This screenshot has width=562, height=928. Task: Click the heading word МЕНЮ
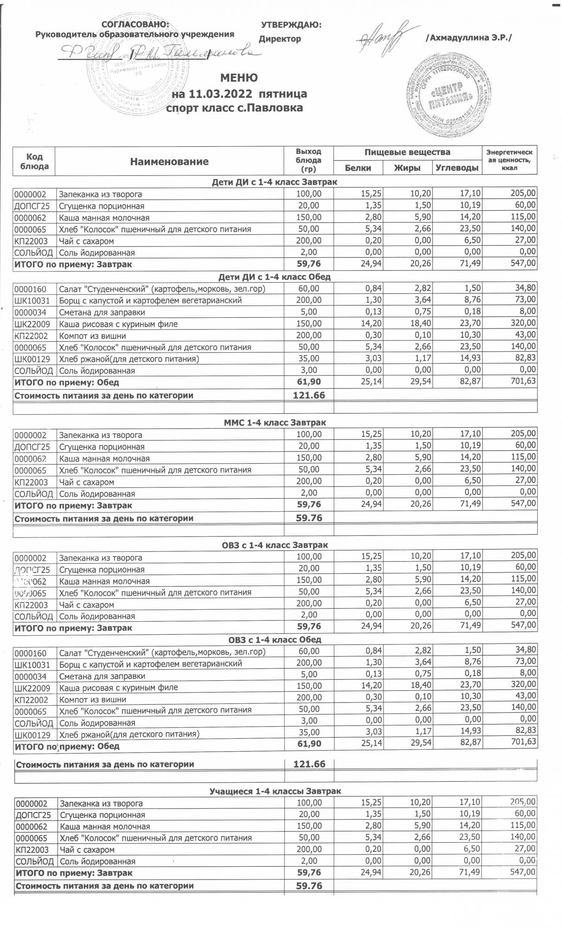(239, 77)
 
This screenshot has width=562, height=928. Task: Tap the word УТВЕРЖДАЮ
(291, 25)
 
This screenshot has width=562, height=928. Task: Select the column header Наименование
(169, 161)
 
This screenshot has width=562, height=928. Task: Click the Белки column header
(358, 168)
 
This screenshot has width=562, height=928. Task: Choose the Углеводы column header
(457, 168)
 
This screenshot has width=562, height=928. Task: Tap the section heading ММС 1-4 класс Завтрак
(275, 423)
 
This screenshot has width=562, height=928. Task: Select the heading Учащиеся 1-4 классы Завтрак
(275, 791)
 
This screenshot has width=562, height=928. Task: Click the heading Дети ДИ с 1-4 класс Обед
(275, 277)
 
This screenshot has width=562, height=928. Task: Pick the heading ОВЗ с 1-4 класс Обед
(275, 639)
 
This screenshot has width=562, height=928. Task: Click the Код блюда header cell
(35, 161)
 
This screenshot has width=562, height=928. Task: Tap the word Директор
(280, 39)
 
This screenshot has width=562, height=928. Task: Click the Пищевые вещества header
(407, 152)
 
